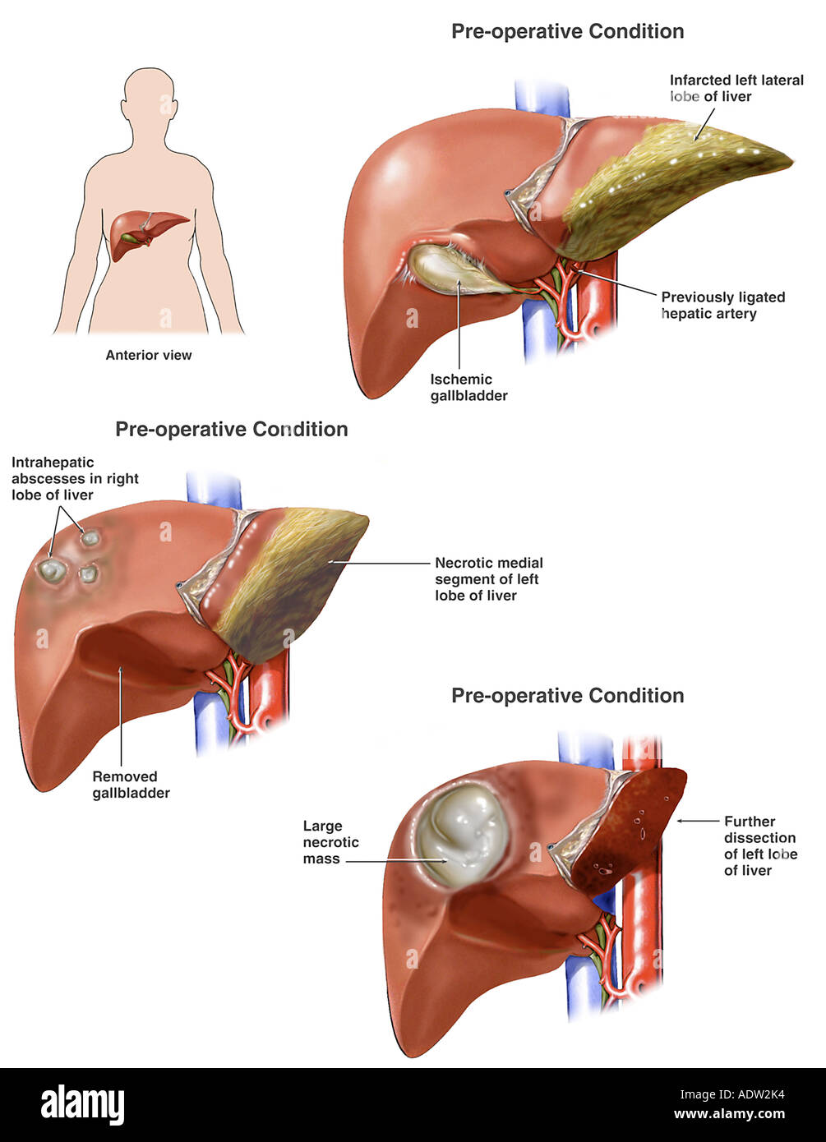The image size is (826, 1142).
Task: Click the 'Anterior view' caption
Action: tap(149, 356)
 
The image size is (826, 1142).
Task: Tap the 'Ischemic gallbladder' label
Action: tap(468, 388)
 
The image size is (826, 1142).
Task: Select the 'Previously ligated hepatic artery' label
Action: tap(723, 305)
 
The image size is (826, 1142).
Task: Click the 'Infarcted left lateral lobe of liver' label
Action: tap(736, 88)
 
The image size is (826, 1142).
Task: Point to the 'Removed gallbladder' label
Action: tap(131, 785)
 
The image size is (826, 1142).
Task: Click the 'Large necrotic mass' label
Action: tap(331, 842)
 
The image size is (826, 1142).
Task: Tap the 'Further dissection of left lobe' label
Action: tap(761, 845)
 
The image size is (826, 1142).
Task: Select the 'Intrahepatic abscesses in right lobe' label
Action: tap(75, 478)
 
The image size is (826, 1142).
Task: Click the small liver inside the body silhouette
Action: tap(149, 233)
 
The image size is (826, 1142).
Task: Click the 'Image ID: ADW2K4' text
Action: tap(731, 1094)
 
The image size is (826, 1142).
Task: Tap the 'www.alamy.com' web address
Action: tap(729, 1113)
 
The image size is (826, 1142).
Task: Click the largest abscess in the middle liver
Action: tap(52, 570)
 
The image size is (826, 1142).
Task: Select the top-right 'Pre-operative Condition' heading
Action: tap(567, 31)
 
